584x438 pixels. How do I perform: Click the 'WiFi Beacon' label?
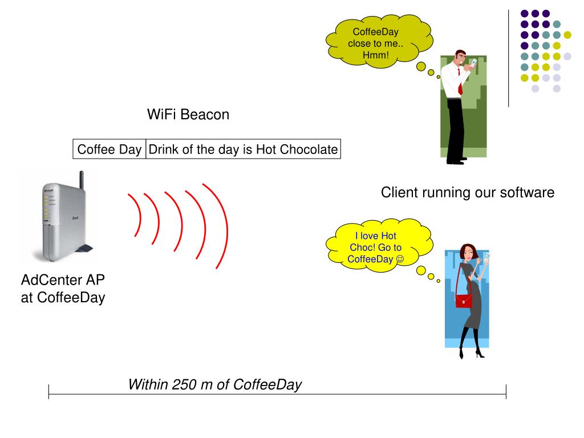(x=188, y=115)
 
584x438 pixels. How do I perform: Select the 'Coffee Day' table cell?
(x=109, y=149)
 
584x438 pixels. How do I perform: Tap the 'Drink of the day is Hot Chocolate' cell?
(x=243, y=149)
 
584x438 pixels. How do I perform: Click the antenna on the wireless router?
(x=81, y=181)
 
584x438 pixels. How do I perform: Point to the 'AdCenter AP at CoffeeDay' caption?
(x=63, y=289)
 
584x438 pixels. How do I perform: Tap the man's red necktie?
(x=460, y=86)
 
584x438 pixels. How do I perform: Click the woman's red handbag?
(x=464, y=299)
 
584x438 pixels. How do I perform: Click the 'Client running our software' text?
(x=467, y=193)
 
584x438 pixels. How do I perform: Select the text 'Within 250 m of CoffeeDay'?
(x=214, y=384)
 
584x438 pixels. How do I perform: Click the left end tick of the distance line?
(x=49, y=392)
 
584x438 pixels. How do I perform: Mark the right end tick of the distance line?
(x=506, y=392)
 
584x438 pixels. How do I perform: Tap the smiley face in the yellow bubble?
(x=400, y=259)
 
